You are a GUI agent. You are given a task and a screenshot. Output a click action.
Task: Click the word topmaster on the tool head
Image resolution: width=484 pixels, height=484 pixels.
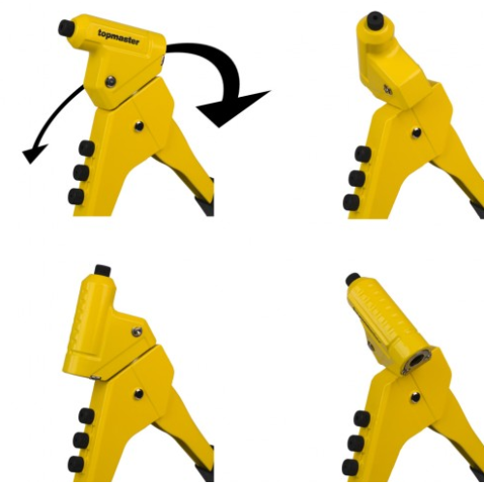119,38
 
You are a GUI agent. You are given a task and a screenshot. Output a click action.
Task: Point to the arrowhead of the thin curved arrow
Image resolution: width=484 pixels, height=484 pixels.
35,153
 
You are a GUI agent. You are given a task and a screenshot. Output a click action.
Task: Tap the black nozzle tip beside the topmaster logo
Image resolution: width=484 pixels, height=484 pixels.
66,27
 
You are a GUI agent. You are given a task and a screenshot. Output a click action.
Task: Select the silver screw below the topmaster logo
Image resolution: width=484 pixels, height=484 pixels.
110,81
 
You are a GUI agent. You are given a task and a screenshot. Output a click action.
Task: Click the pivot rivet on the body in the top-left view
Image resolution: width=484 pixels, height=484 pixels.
139,126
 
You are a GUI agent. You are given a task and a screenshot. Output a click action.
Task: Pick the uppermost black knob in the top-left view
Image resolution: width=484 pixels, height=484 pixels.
86,149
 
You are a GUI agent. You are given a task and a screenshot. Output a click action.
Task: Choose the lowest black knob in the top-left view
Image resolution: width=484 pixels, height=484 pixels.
76,197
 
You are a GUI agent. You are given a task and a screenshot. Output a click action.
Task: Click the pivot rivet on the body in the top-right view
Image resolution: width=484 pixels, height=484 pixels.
416,133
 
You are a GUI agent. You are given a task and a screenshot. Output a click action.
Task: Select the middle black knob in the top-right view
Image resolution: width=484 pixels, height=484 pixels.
357,178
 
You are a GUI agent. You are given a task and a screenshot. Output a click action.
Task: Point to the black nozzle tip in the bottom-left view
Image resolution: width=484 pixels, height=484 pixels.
103,271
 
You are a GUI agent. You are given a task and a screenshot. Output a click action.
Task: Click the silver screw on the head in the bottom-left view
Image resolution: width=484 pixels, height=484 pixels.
137,331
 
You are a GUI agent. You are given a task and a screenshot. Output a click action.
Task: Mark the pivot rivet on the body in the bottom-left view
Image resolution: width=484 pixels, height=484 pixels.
138,394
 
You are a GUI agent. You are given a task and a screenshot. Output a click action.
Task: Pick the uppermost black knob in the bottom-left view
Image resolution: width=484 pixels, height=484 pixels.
86,416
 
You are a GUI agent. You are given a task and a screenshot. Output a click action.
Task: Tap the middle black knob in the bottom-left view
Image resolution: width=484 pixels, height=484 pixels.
81,440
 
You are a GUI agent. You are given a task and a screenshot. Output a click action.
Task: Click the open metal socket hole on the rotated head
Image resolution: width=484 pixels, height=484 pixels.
416,361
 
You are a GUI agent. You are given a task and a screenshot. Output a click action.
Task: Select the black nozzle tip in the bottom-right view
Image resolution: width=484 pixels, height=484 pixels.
353,279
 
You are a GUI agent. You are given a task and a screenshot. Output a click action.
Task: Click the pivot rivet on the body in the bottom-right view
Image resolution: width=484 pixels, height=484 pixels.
415,397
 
